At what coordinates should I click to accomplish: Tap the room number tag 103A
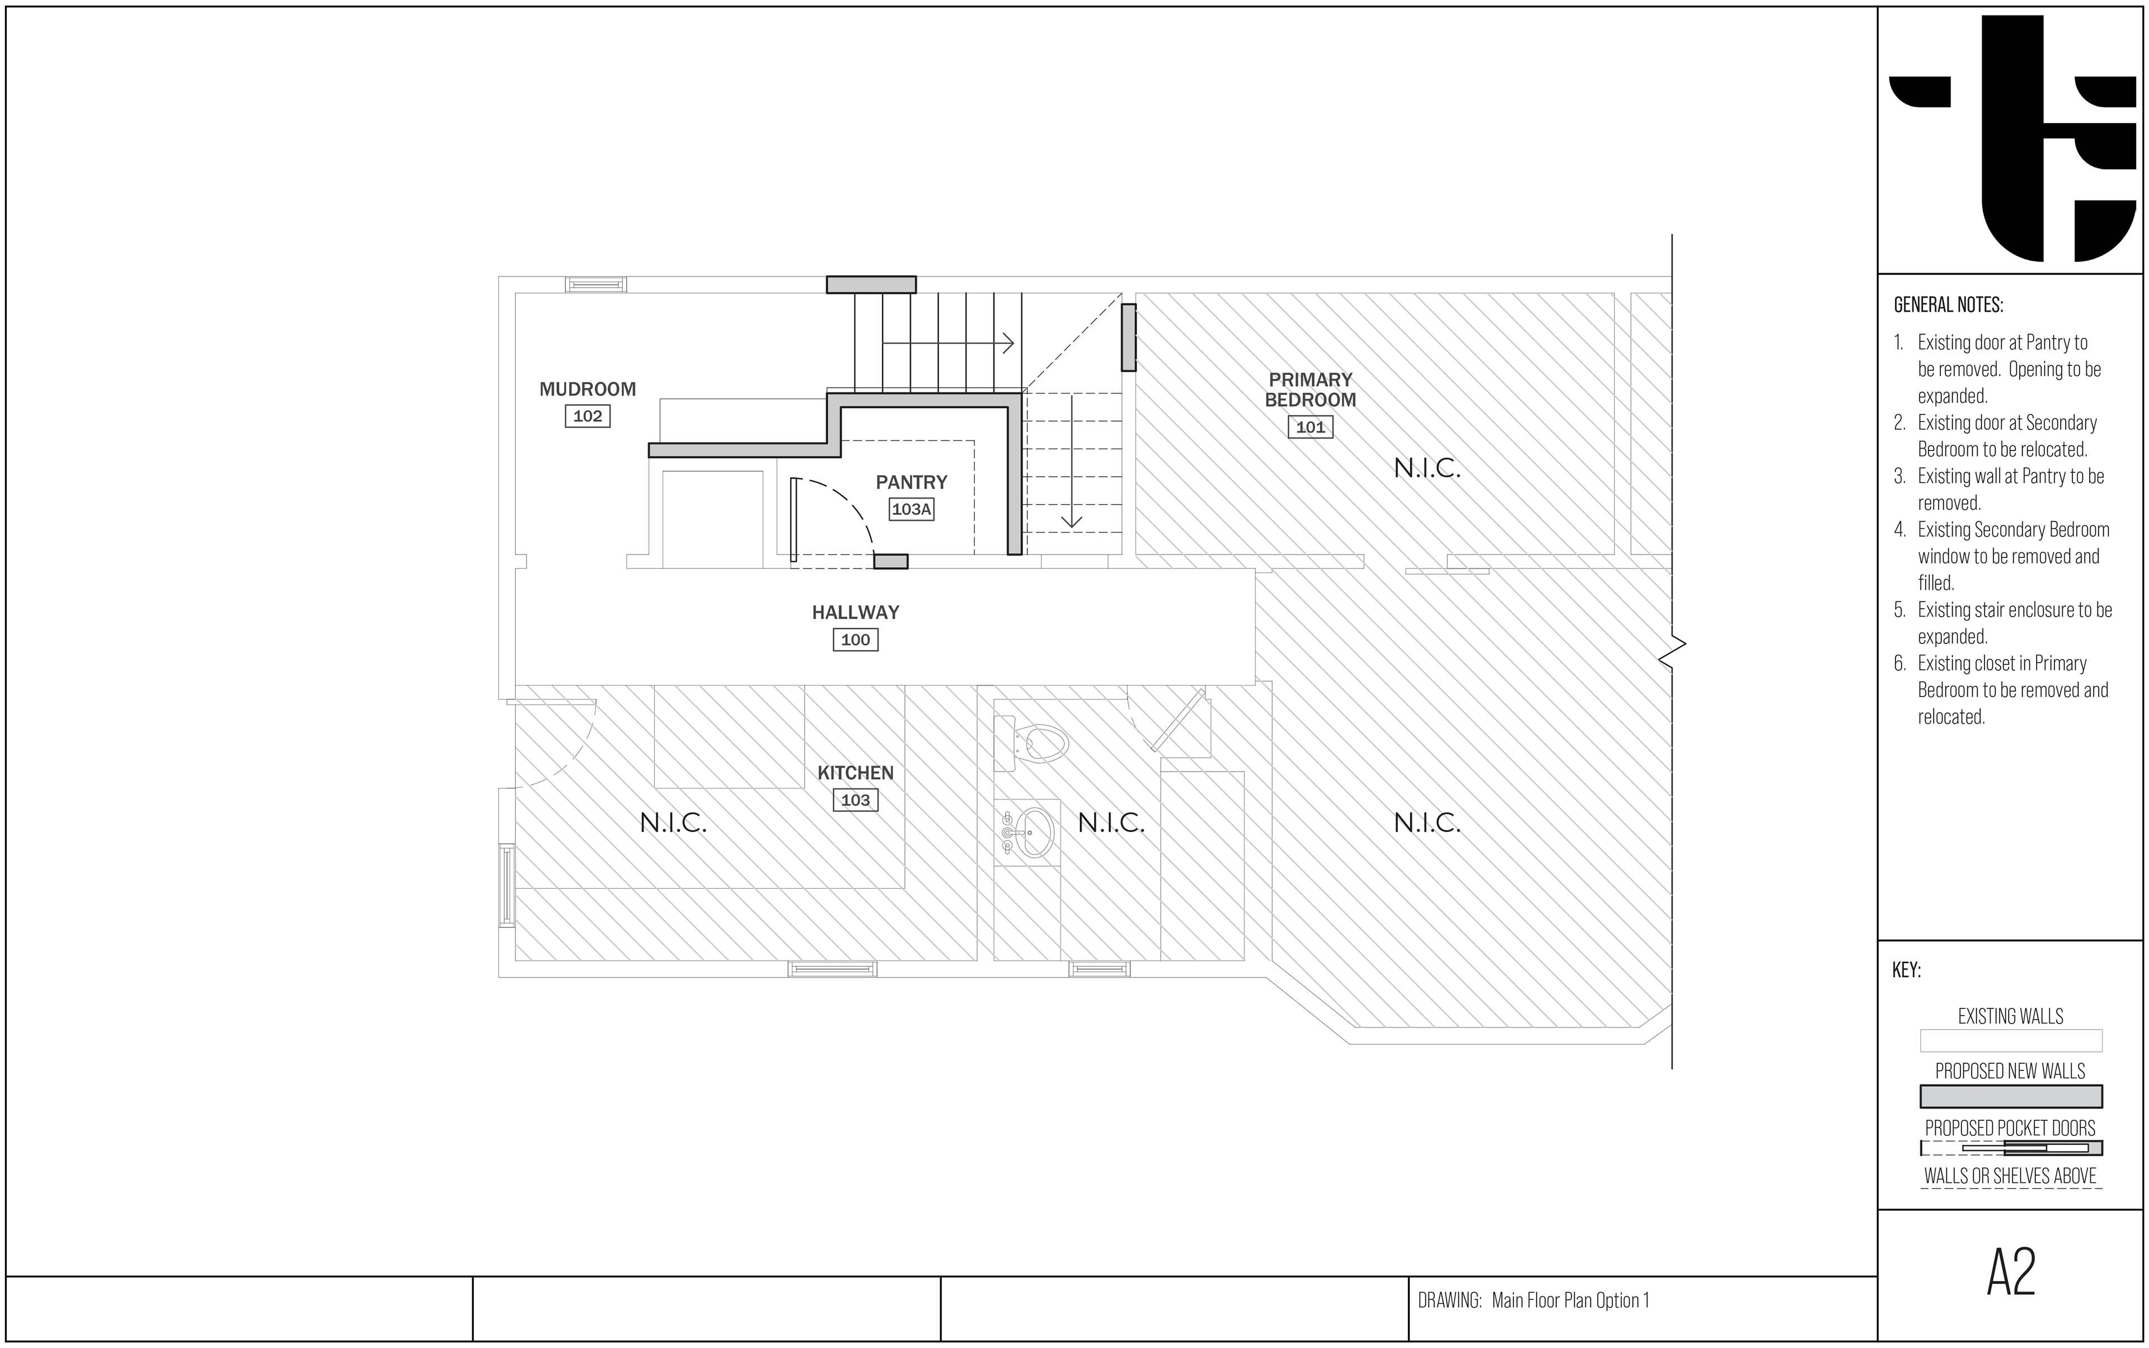point(911,510)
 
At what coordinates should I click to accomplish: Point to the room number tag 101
point(1310,427)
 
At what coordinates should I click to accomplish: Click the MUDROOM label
point(588,389)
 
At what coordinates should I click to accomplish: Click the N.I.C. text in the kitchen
point(673,823)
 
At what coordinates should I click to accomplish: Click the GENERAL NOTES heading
point(1948,305)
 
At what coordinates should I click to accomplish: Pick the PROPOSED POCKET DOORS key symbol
point(2011,1148)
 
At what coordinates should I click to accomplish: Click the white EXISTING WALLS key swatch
point(2011,1040)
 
